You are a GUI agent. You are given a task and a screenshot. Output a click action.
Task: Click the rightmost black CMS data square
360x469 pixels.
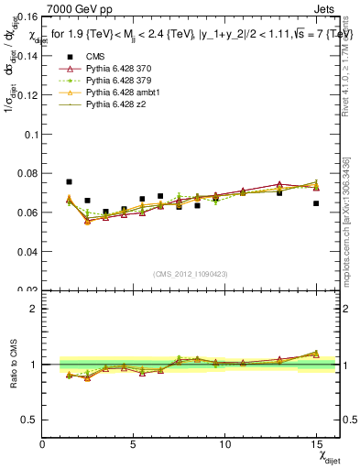(316, 203)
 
